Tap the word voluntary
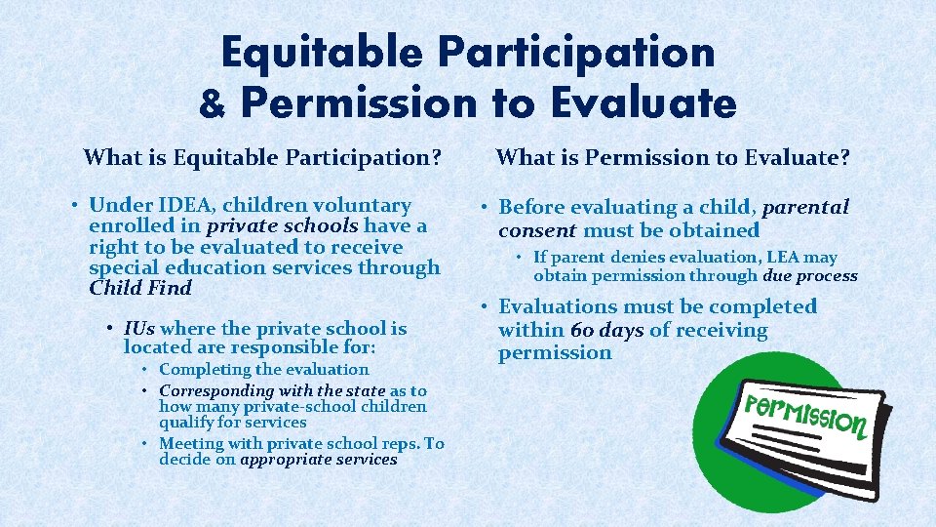(x=363, y=205)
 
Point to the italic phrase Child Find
(x=140, y=288)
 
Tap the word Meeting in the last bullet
(x=190, y=444)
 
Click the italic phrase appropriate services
(x=319, y=460)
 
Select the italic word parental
(x=805, y=207)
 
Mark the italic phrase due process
(x=810, y=276)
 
